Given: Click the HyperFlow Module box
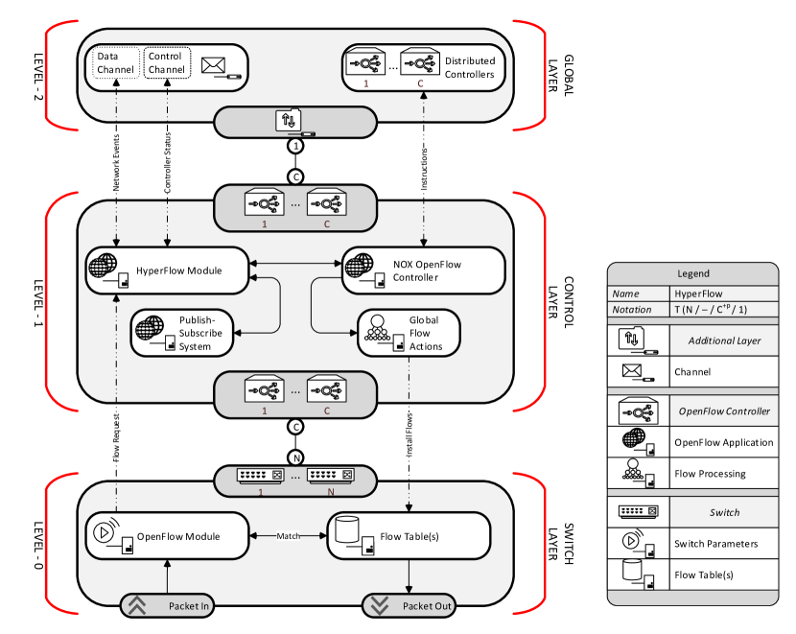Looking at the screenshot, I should click(x=167, y=270).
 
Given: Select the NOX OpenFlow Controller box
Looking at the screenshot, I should click(x=423, y=270).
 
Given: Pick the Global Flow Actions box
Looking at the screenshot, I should click(x=409, y=333).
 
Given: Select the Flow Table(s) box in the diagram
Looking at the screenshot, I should click(x=409, y=536).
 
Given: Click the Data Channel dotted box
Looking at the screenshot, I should click(x=116, y=63).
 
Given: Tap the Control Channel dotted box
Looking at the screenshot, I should click(x=167, y=63).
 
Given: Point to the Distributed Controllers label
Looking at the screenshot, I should click(x=469, y=67).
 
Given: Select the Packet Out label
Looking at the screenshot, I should click(x=427, y=606).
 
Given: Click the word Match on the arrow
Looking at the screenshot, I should click(x=289, y=535).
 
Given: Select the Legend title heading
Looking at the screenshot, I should click(x=693, y=274).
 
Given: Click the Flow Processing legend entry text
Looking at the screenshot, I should click(x=710, y=474).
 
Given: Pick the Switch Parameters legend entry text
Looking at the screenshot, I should click(x=715, y=544).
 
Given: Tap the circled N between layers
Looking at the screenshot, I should click(x=295, y=457).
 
